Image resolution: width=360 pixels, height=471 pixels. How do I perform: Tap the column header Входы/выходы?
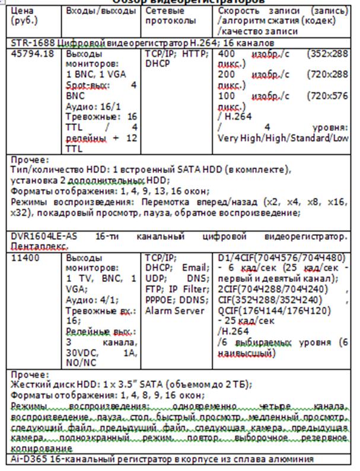click(92, 11)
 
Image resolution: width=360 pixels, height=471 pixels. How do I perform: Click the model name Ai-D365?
click(27, 459)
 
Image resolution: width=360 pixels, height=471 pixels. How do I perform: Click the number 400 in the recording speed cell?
click(229, 53)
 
